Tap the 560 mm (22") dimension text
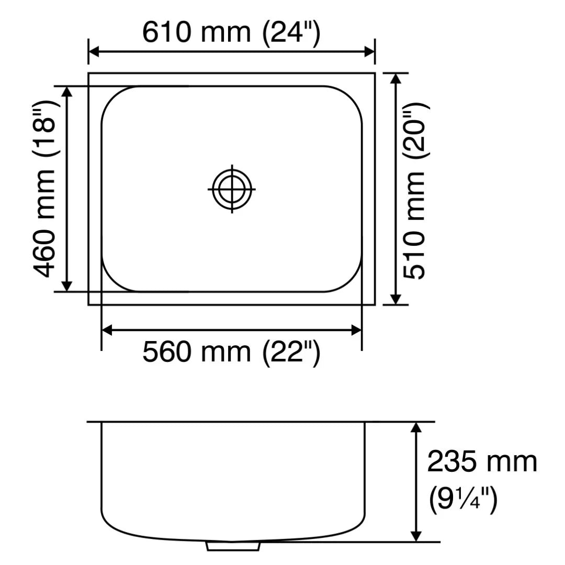[x=231, y=352]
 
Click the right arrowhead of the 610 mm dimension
[x=369, y=52]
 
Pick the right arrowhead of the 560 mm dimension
[x=356, y=330]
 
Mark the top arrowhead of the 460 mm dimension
[x=67, y=92]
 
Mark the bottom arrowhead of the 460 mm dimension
[x=67, y=286]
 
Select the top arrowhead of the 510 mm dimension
[x=396, y=78]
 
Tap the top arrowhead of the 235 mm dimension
[x=416, y=427]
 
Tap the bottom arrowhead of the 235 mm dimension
[x=416, y=536]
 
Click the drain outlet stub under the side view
[x=234, y=546]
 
